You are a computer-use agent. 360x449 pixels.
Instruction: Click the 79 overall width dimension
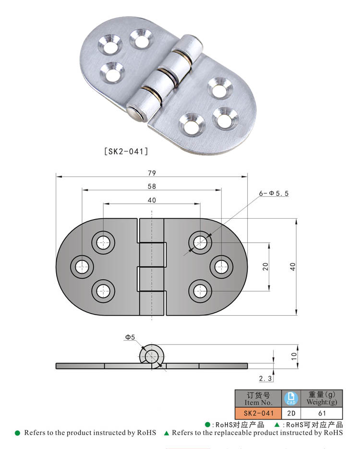pos(152,173)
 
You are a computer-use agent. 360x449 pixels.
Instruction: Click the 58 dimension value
pos(152,187)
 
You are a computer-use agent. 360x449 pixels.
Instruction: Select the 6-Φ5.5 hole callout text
pos(274,193)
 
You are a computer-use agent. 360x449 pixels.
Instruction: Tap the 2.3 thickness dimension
pos(265,378)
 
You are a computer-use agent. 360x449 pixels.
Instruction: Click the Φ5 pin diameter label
pos(130,338)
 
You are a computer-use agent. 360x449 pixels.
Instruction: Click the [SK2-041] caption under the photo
pos(126,151)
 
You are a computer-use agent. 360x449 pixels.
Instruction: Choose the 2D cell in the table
pos(291,413)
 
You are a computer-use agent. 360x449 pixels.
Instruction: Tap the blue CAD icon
pos(291,398)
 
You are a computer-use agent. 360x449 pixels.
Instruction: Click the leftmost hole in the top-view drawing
pos(82,266)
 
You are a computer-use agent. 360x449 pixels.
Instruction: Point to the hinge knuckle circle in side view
pos(152,355)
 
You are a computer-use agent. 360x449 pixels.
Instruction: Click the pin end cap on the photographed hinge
pos(134,114)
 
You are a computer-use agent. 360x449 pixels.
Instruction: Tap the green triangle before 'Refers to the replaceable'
pos(167,433)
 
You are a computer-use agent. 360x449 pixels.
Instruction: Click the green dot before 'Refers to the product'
pos(18,433)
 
